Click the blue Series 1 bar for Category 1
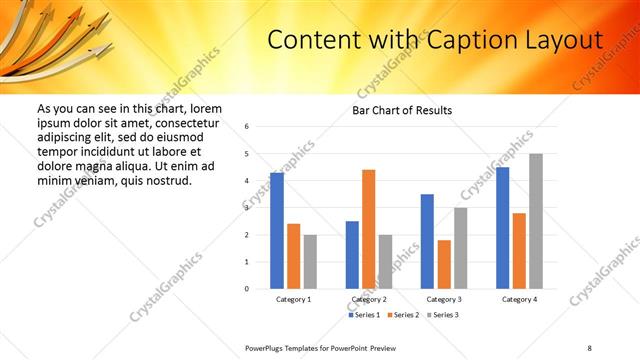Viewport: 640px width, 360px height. [x=277, y=231]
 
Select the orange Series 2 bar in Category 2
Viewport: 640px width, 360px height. [x=368, y=229]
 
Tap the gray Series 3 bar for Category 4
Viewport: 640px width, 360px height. [x=536, y=221]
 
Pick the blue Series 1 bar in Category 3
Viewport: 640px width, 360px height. [x=427, y=241]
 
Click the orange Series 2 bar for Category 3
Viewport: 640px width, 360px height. [x=444, y=264]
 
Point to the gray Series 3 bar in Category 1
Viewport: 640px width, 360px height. [x=310, y=262]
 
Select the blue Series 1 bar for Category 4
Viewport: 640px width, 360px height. [x=502, y=228]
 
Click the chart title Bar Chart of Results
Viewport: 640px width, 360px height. [x=402, y=110]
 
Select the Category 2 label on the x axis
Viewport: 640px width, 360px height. [x=369, y=299]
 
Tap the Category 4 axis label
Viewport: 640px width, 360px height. [x=518, y=299]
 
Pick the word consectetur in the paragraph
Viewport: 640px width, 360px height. [x=188, y=122]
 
